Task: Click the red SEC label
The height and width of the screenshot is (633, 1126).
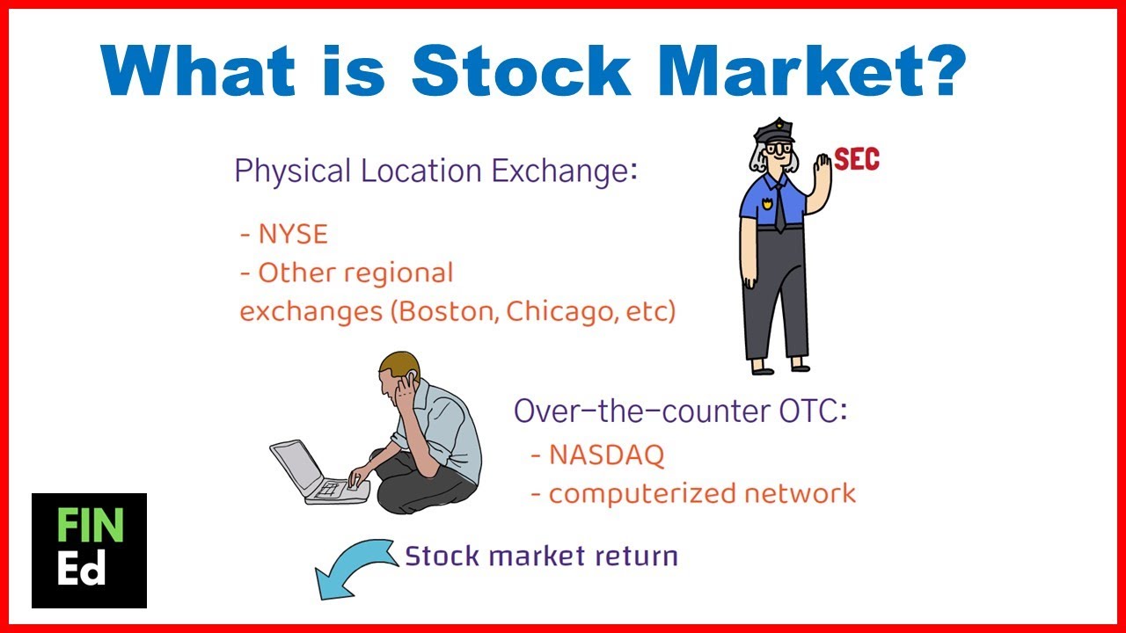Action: [x=856, y=159]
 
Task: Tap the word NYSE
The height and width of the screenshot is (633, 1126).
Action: [x=293, y=234]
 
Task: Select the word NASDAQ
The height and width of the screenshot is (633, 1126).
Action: [x=606, y=455]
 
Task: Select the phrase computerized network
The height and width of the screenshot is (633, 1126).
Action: [x=701, y=493]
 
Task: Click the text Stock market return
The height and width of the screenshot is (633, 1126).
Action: [x=541, y=556]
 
